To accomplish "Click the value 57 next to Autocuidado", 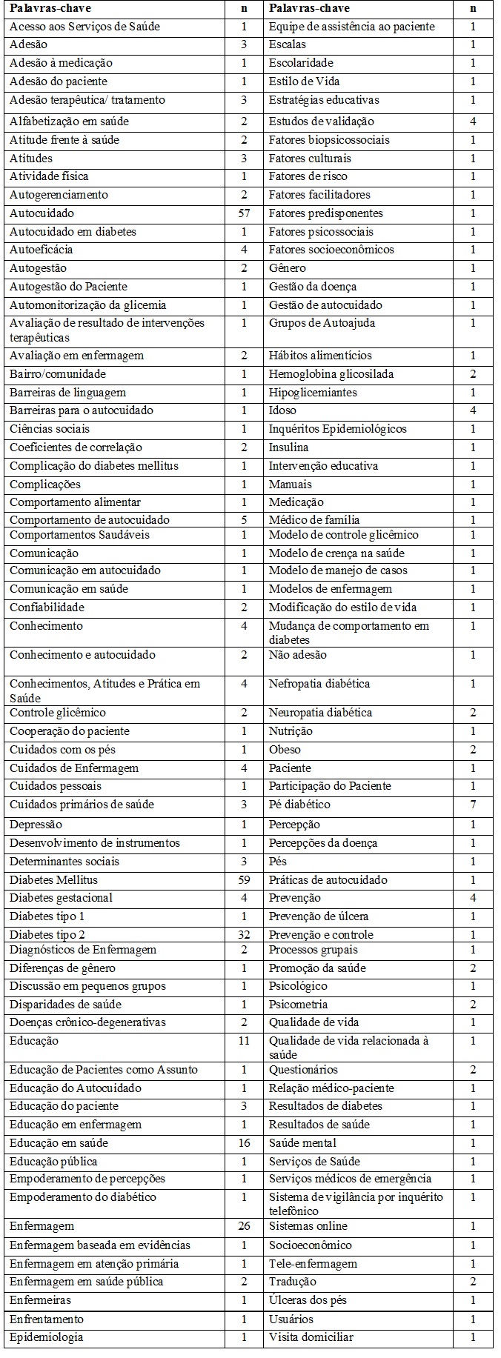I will pyautogui.click(x=244, y=213).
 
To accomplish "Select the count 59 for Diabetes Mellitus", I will pyautogui.click(x=244, y=880).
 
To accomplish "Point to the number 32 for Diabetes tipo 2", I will pyautogui.click(x=244, y=935).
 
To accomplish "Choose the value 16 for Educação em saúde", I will pyautogui.click(x=244, y=1143).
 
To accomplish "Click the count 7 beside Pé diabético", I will pyautogui.click(x=473, y=805).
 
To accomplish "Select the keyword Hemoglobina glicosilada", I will pyautogui.click(x=331, y=374).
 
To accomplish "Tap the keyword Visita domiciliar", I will pyautogui.click(x=311, y=1337).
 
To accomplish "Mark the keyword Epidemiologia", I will pyautogui.click(x=46, y=1337).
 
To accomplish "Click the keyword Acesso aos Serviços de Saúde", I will pyautogui.click(x=84, y=27).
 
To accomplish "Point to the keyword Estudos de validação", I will pyautogui.click(x=321, y=122).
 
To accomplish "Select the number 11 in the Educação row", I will pyautogui.click(x=244, y=1041).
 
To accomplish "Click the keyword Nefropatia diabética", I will pyautogui.click(x=319, y=684).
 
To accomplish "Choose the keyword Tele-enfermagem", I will pyautogui.click(x=313, y=1264).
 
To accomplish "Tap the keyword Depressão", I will pyautogui.click(x=36, y=825).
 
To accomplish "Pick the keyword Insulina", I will pyautogui.click(x=288, y=447).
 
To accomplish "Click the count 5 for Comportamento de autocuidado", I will pyautogui.click(x=244, y=520).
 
